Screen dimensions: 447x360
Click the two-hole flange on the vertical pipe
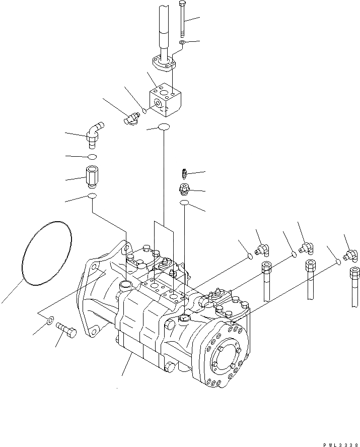tap(166, 63)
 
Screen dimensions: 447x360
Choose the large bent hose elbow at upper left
tap(93, 134)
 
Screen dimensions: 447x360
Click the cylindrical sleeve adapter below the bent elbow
tap(93, 175)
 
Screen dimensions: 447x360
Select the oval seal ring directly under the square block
tap(164, 127)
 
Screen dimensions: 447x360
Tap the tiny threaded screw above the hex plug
tap(185, 174)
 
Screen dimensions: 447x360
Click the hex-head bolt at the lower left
tap(66, 330)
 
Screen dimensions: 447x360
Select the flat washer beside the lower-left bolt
tap(50, 320)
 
